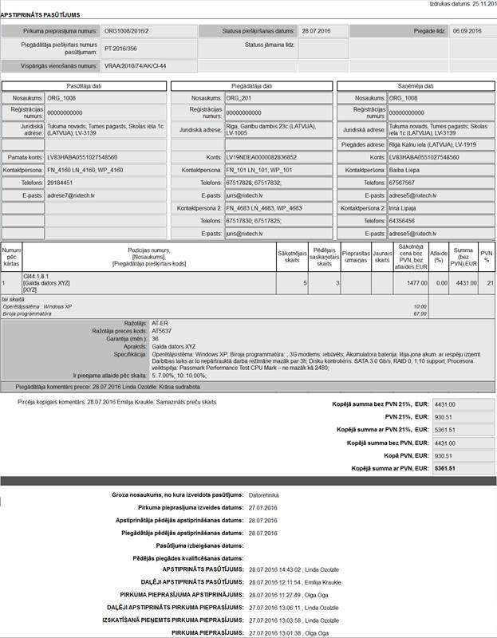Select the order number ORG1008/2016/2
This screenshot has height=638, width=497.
pos(127,30)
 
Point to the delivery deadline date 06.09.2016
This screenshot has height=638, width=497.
pos(466,30)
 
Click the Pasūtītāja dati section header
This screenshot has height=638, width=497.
pos(84,85)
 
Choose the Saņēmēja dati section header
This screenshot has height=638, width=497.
pos(416,85)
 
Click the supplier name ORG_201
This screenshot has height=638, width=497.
pos(239,98)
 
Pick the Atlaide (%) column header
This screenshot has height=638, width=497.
pos(439,255)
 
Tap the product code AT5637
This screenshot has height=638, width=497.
pos(162,330)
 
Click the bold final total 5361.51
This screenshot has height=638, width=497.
pos(444,468)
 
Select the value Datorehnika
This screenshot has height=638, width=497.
pos(269,495)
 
